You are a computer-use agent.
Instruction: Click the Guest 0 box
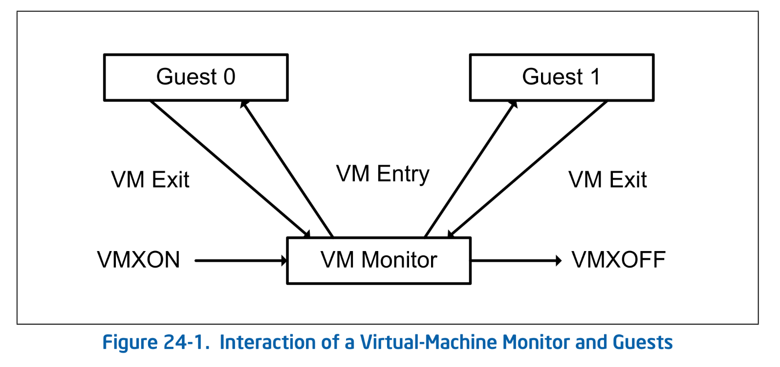pyautogui.click(x=195, y=77)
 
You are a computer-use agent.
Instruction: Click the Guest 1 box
pyautogui.click(x=561, y=77)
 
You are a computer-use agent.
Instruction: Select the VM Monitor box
pyautogui.click(x=379, y=260)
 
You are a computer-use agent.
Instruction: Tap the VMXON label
pyautogui.click(x=138, y=260)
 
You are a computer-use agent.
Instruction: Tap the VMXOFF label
pyautogui.click(x=618, y=260)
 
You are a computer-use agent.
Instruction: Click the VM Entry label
pyautogui.click(x=383, y=174)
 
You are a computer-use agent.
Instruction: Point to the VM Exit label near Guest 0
pyautogui.click(x=150, y=180)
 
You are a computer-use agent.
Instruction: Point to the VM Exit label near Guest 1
pyautogui.click(x=607, y=180)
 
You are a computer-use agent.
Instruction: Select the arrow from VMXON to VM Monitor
pyautogui.click(x=239, y=260)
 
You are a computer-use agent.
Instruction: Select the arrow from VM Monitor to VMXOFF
pyautogui.click(x=513, y=260)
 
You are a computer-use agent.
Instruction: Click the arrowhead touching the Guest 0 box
pyautogui.click(x=244, y=104)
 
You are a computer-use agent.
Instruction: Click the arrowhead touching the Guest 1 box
pyautogui.click(x=513, y=104)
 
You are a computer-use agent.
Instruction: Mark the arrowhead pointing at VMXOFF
pyautogui.click(x=558, y=260)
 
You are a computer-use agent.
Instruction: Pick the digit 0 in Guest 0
pyautogui.click(x=229, y=77)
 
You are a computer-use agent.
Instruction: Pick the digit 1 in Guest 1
pyautogui.click(x=595, y=77)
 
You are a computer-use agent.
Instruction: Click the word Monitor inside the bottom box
pyautogui.click(x=399, y=260)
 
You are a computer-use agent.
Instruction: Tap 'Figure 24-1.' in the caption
pyautogui.click(x=155, y=343)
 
